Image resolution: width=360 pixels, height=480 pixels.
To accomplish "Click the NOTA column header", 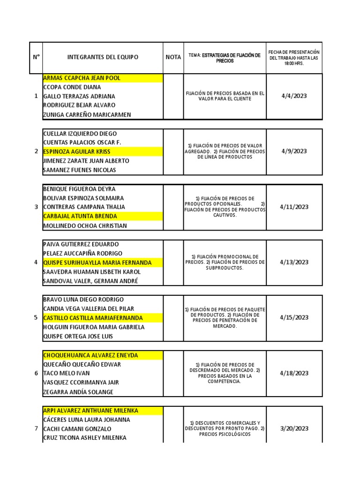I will pyautogui.click(x=173, y=57).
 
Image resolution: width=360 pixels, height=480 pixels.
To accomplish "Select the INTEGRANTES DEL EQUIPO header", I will pyautogui.click(x=103, y=57).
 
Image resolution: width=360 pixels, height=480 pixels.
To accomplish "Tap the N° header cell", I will pyautogui.click(x=36, y=57).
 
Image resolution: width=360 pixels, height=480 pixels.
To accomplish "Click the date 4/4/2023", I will pyautogui.click(x=294, y=96).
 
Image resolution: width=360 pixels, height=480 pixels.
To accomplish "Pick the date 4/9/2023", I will pyautogui.click(x=294, y=151).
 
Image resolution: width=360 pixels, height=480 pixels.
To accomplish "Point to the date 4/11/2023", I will pyautogui.click(x=294, y=207).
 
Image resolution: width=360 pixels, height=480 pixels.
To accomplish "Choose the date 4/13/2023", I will pyautogui.click(x=294, y=262).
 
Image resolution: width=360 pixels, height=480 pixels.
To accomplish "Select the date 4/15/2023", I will pyautogui.click(x=294, y=317).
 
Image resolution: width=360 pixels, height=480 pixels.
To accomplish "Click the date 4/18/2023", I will pyautogui.click(x=294, y=373).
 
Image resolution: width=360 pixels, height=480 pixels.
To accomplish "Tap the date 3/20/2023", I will pyautogui.click(x=294, y=428).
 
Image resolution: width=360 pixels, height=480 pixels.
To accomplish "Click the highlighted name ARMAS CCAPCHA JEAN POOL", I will pyautogui.click(x=82, y=78).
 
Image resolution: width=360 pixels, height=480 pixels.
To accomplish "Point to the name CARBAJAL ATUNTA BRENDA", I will pyautogui.click(x=80, y=216).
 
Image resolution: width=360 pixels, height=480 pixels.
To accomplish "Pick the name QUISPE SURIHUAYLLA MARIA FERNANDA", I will pyautogui.click(x=97, y=262).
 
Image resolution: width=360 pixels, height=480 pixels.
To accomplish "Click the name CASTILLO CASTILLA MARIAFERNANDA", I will pyautogui.click(x=93, y=318).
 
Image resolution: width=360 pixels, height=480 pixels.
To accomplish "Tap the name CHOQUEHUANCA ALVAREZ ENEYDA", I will pyautogui.click(x=90, y=355).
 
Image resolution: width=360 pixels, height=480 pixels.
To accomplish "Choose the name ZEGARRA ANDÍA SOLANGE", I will pyautogui.click(x=78, y=392).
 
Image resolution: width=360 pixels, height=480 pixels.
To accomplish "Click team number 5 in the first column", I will pyautogui.click(x=36, y=318).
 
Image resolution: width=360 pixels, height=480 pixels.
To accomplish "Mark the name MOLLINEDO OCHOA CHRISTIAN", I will pyautogui.click(x=85, y=225).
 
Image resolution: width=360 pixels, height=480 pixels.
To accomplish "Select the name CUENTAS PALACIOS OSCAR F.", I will pyautogui.click(x=82, y=142).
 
